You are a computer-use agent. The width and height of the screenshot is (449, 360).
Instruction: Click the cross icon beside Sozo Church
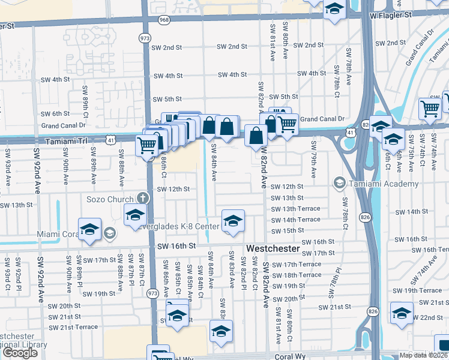pos(142,197)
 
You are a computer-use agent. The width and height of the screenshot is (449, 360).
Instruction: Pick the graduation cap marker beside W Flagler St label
pos(334,10)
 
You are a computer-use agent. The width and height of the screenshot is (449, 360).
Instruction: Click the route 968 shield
pos(164,20)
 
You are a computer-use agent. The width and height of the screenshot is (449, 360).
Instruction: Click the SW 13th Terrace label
pos(295,209)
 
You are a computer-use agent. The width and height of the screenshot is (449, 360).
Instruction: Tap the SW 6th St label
pos(56,113)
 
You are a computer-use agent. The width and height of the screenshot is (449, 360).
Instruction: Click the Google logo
pos(20,352)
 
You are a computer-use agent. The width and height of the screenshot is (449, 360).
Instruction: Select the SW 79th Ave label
pos(313,160)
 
